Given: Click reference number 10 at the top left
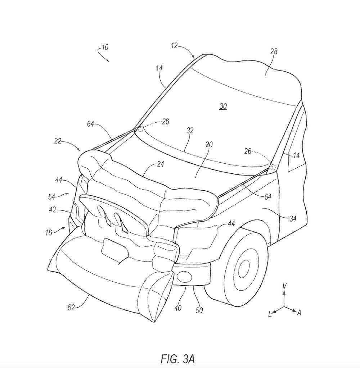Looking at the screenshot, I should tap(105, 47).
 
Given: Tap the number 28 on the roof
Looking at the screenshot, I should tap(274, 51).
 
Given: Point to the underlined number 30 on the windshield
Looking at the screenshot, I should tap(223, 106).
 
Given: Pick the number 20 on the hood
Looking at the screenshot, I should tap(209, 145).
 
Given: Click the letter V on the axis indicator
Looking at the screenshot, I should tap(284, 286).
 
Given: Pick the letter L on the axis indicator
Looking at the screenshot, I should tap(269, 314).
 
